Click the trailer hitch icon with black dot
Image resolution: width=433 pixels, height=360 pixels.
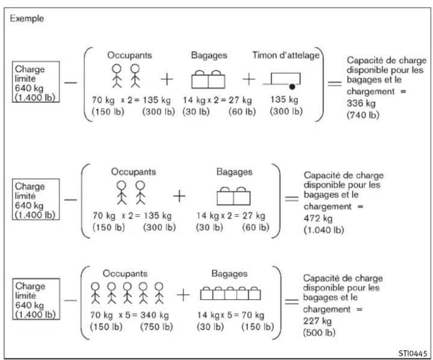tap(283, 81)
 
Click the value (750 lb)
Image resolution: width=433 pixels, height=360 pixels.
tap(157, 327)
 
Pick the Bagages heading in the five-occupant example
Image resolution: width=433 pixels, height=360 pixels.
tap(229, 274)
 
